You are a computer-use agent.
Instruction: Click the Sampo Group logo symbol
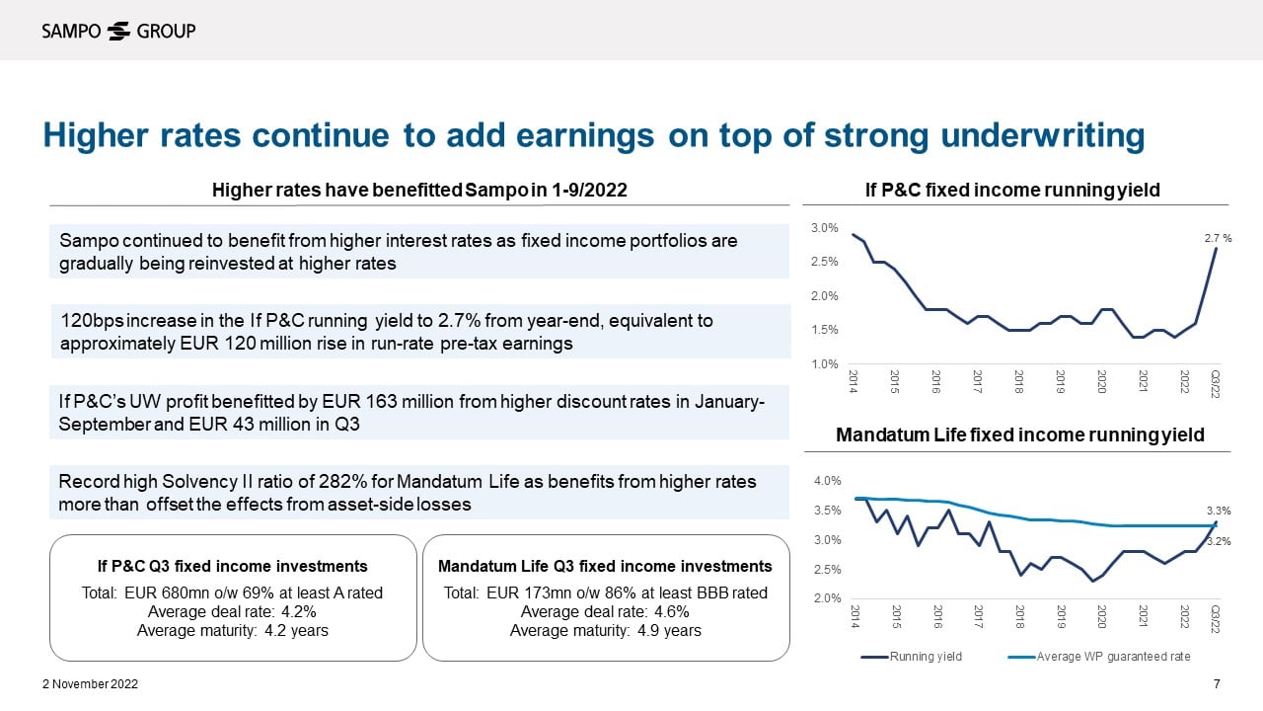(118, 31)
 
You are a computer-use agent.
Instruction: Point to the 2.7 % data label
(1219, 238)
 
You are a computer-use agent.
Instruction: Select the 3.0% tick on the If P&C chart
(824, 228)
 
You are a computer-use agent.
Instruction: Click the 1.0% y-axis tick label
(824, 364)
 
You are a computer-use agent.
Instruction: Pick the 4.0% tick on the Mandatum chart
(827, 481)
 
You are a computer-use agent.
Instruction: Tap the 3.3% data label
(1219, 511)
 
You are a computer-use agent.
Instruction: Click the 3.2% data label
(1219, 541)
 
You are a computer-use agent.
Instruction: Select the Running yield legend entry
(924, 657)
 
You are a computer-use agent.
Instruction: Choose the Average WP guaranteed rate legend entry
(1113, 657)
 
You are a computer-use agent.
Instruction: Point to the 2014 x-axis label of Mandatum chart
(854, 615)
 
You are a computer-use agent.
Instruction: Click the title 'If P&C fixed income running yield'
(1012, 190)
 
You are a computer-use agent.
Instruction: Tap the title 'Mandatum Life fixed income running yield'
(1020, 434)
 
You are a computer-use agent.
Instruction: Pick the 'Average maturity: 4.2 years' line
(232, 630)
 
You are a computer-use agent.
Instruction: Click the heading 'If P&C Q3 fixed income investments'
(232, 566)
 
